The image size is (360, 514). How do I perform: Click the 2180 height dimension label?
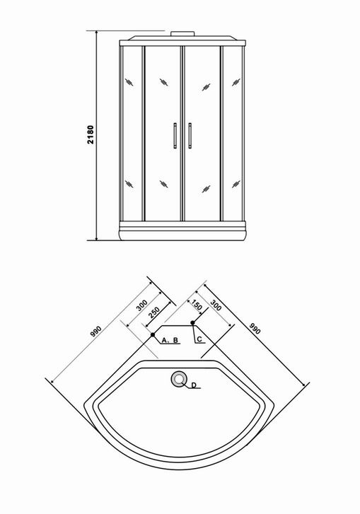point(91,134)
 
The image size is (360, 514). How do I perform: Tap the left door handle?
point(175,135)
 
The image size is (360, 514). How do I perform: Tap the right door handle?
point(190,135)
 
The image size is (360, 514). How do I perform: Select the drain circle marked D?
point(179,379)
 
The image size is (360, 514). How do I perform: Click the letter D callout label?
point(194,385)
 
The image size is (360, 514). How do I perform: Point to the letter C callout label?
point(199,339)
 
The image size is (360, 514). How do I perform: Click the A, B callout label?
point(170,340)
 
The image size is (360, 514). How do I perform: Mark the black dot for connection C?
point(193,323)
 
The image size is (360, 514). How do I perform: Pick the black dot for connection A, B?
point(153,334)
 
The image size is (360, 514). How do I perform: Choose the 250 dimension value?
point(153,313)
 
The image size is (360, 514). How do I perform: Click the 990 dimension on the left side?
point(96,332)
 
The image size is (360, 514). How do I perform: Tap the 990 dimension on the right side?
point(255,329)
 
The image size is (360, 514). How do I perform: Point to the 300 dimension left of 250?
point(141,305)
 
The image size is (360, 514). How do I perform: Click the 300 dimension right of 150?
point(216,305)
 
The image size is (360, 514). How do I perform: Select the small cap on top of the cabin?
point(182,34)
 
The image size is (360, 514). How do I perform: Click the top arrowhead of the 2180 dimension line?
point(97,33)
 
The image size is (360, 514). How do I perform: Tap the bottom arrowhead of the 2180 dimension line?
point(97,238)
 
